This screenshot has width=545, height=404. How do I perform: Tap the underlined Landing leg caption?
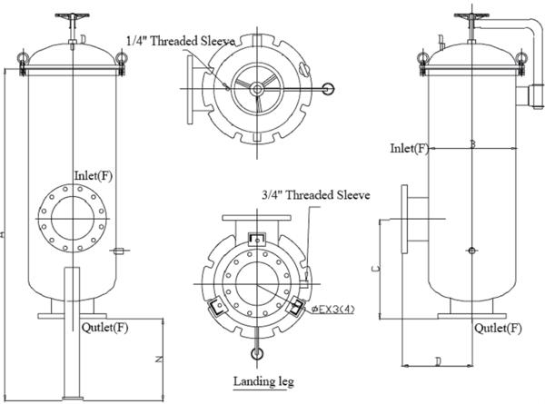click(264, 381)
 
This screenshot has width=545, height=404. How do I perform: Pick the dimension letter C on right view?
click(376, 270)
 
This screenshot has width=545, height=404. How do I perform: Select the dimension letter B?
click(471, 143)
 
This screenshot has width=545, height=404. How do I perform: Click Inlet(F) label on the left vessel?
click(94, 173)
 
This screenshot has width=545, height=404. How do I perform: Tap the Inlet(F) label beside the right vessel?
click(409, 148)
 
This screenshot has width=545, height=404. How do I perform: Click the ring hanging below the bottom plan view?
click(257, 354)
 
